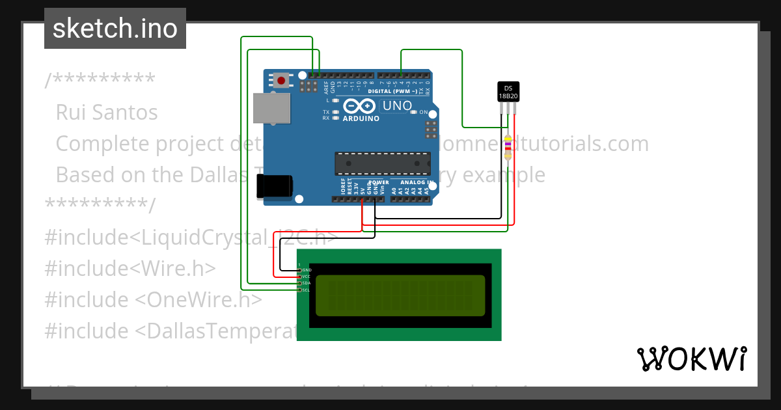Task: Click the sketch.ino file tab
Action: (115, 29)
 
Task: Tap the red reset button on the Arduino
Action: (281, 81)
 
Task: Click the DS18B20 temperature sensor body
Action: (508, 92)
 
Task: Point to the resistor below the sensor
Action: (508, 147)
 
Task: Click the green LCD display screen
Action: (400, 295)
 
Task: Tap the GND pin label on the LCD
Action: (307, 269)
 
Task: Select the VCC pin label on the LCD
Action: (307, 277)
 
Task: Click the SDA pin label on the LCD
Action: (307, 283)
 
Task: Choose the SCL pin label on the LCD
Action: (307, 290)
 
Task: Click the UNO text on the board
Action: (397, 105)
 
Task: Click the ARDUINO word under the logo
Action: (360, 118)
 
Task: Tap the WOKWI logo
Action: (692, 359)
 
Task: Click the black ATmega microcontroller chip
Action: (383, 163)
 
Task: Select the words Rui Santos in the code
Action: (107, 113)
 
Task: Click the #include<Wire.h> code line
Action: (130, 268)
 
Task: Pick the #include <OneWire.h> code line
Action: (153, 299)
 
